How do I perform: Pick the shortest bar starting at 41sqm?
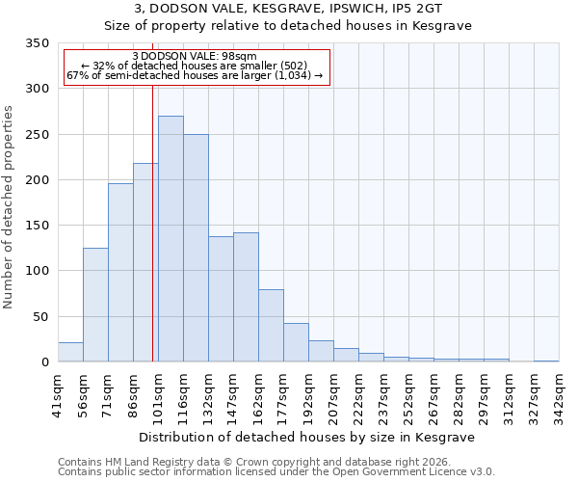(70, 352)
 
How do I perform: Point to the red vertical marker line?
(152, 222)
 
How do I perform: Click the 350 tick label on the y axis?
(37, 43)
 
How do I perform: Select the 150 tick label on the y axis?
(37, 226)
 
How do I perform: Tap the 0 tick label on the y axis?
(44, 362)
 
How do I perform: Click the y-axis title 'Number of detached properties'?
(9, 207)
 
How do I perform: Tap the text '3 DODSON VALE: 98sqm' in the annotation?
(195, 57)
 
